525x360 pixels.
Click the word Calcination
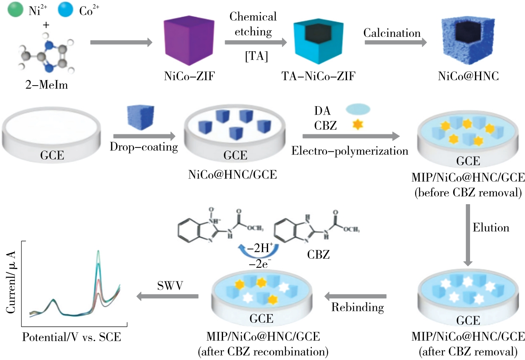pos(392,33)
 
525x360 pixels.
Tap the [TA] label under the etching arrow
pos(257,57)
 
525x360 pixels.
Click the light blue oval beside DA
pos(358,109)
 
